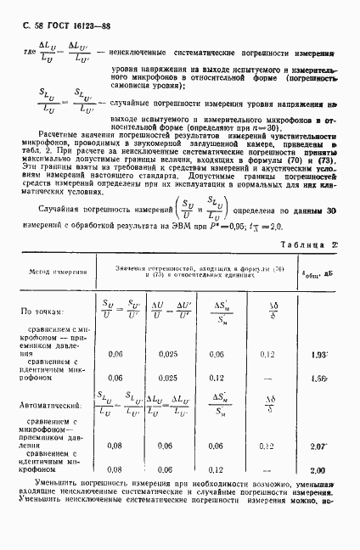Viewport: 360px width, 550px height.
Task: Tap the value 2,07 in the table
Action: [x=319, y=446]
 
